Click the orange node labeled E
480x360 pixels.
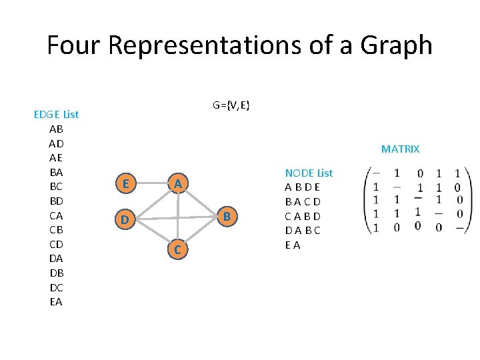point(126,183)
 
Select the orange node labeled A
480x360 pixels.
point(177,183)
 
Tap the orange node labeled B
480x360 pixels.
point(227,216)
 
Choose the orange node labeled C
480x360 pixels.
point(177,250)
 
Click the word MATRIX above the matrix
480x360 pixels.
point(400,149)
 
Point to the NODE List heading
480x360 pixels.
point(309,173)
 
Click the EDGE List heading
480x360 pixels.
point(56,114)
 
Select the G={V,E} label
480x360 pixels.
point(231,105)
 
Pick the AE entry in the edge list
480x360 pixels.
point(56,158)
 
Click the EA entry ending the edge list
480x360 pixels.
point(56,302)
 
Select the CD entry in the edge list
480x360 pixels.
point(56,245)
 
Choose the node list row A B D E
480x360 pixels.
point(303,187)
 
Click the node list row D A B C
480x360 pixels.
point(303,231)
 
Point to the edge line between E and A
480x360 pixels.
point(151,183)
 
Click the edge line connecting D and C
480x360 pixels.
point(151,234)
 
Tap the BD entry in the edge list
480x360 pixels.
point(56,201)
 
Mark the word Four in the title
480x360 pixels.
point(72,45)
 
